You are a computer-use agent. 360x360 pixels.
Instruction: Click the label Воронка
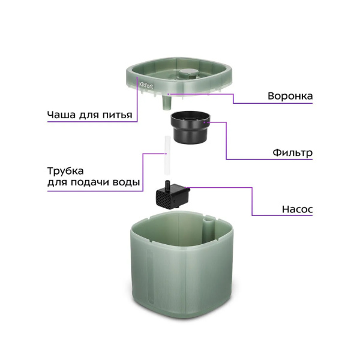pyautogui.click(x=290, y=95)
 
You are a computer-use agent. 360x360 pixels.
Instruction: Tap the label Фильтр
pyautogui.click(x=291, y=152)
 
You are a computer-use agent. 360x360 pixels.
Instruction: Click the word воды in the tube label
pyautogui.click(x=127, y=182)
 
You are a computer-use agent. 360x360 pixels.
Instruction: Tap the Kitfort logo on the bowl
pyautogui.click(x=146, y=86)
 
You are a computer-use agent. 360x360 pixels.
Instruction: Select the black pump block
pyautogui.click(x=172, y=196)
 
